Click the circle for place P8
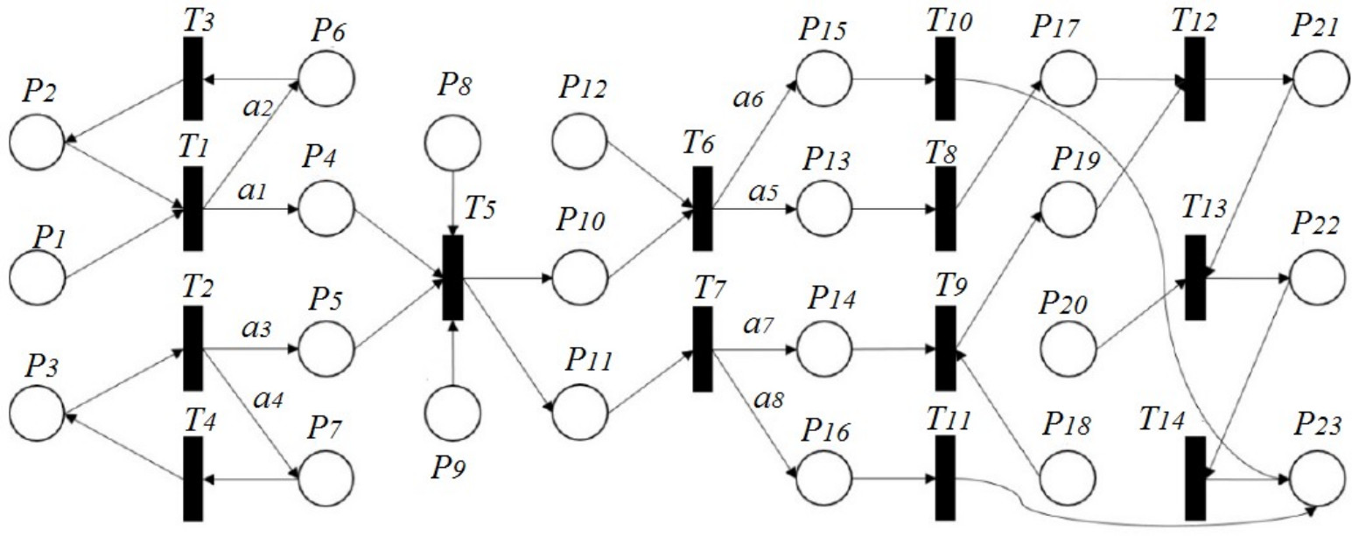[x=453, y=142]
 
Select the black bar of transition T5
[x=452, y=278]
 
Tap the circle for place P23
[x=1316, y=477]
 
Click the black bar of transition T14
[x=1195, y=477]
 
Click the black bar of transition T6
[x=703, y=209]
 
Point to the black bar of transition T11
[x=945, y=477]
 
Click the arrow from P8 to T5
[x=453, y=201]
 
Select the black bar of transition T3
[x=193, y=79]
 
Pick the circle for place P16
[x=823, y=477]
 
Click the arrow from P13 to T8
[x=893, y=210]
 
